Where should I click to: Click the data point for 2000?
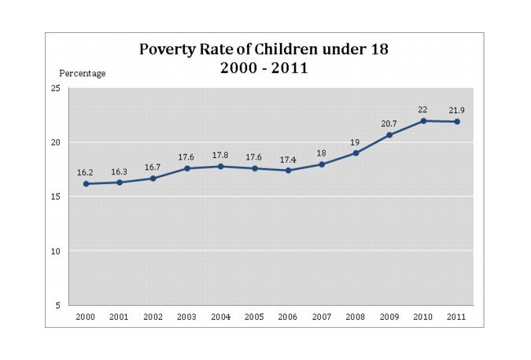pyautogui.click(x=86, y=184)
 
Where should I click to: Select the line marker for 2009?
pyautogui.click(x=389, y=135)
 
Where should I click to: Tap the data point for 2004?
pyautogui.click(x=220, y=167)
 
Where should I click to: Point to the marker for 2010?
pyautogui.click(x=422, y=121)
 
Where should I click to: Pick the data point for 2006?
pyautogui.click(x=288, y=171)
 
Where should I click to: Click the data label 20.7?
pyautogui.click(x=389, y=123)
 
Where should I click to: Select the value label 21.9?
pyautogui.click(x=456, y=109)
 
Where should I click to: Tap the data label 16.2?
pyautogui.click(x=86, y=171)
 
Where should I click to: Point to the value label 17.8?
pyautogui.click(x=220, y=154)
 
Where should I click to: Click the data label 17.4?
pyautogui.click(x=288, y=158)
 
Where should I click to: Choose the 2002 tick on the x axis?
pyautogui.click(x=153, y=317)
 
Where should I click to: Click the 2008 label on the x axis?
pyautogui.click(x=355, y=317)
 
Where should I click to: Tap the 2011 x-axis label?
pyautogui.click(x=456, y=317)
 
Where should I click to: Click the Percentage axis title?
pyautogui.click(x=83, y=73)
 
